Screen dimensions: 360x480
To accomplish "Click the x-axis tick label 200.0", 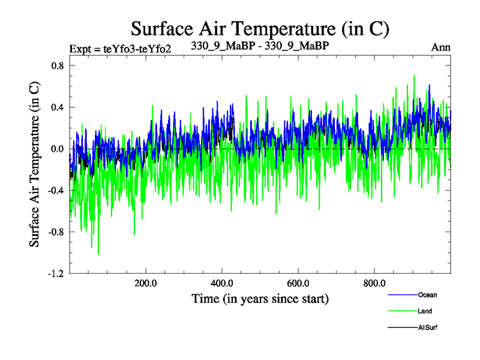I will [145, 283].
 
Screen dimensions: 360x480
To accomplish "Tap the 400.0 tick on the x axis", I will [222, 283].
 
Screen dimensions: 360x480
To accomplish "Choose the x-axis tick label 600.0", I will [298, 283].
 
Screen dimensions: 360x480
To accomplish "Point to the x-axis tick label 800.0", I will [374, 283].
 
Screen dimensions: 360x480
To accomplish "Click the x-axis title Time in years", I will [260, 298].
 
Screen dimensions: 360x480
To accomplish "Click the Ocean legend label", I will [428, 295].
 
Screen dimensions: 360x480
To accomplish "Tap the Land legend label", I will [425, 311].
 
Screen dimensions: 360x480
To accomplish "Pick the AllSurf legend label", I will [428, 328].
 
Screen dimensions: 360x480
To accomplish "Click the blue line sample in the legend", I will [403, 295].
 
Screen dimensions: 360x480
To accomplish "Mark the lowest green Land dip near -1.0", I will [98, 253].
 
